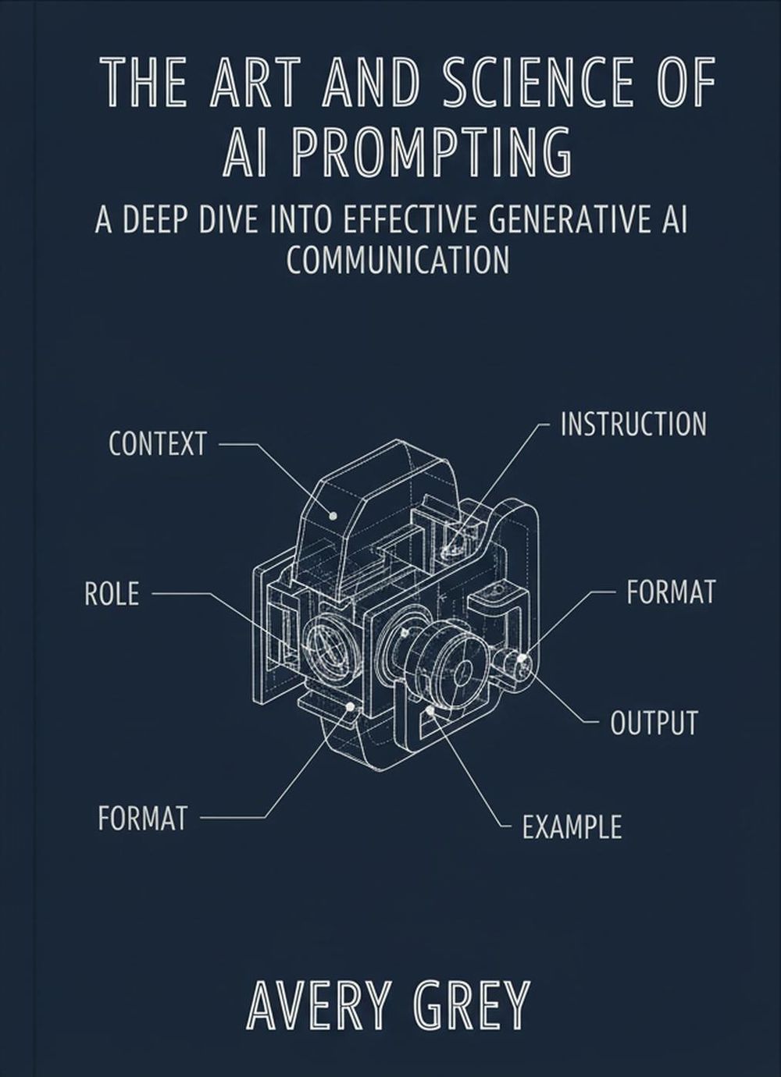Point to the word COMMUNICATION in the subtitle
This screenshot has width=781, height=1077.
point(398,260)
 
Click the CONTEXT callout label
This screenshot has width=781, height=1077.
point(157,444)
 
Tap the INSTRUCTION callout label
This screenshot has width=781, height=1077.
point(633,425)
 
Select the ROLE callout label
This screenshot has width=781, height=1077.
point(111,594)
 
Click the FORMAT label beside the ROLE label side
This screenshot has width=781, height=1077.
point(143,818)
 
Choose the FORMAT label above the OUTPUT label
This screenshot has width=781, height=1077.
point(670,592)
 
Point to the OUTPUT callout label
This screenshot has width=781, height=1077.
point(653,723)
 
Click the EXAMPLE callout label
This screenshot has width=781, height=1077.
point(572,826)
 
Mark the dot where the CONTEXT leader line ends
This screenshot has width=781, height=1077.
point(333,516)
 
